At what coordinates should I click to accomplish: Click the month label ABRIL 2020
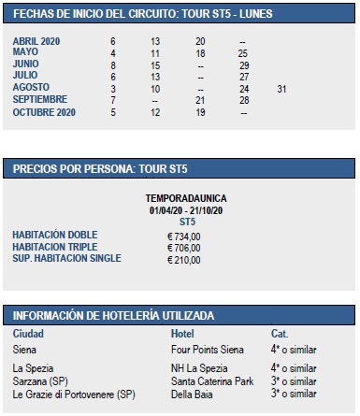pos(37,42)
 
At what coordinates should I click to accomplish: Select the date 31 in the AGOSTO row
pos(281,88)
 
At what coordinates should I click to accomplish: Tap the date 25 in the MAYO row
pos(243,53)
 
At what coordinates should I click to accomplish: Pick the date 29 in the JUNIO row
pos(243,65)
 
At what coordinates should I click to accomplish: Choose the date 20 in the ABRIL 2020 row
pos(200,42)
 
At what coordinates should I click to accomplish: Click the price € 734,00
pos(183,236)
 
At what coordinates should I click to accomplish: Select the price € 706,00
pos(183,247)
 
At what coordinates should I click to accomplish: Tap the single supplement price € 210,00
pos(183,258)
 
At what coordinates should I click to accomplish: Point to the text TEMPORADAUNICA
pos(186,199)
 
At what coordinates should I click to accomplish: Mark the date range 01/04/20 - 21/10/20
pos(186,210)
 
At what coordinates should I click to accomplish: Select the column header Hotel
pos(183,334)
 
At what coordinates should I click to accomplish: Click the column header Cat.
pos(279,334)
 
